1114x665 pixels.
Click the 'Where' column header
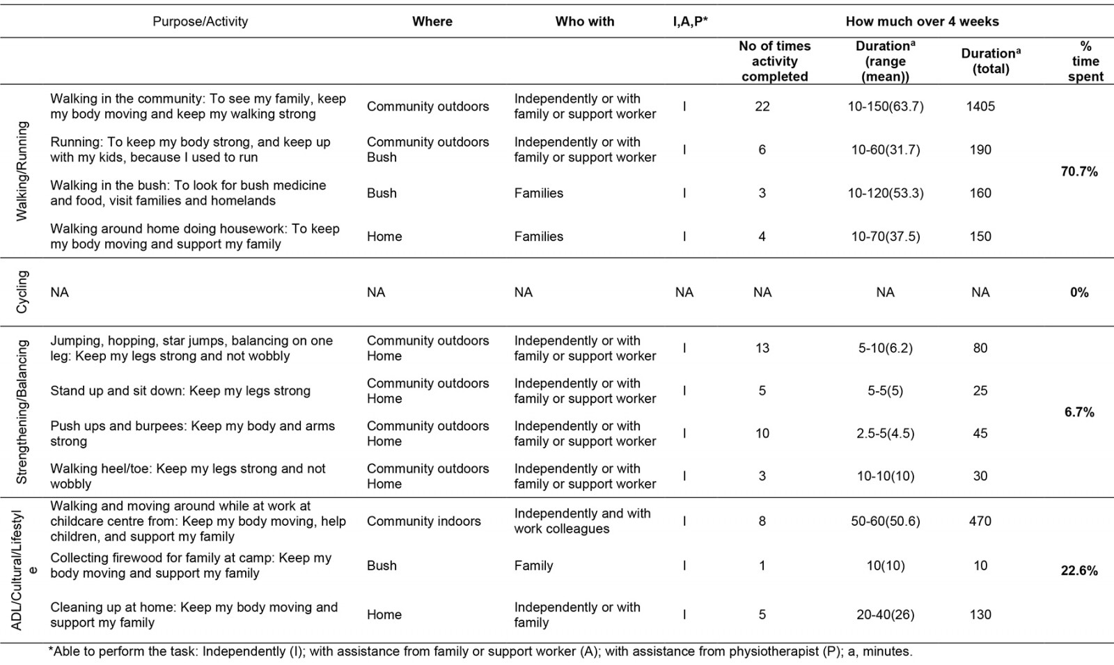point(432,22)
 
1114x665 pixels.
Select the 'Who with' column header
point(584,22)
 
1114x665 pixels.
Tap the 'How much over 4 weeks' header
point(922,22)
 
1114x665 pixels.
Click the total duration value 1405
point(980,107)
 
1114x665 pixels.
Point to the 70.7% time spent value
point(1078,171)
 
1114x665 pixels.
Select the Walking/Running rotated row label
point(22,171)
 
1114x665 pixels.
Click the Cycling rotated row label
point(22,292)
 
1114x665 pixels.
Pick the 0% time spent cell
point(1078,292)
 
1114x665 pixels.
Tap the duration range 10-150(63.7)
point(885,107)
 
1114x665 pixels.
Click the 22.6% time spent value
point(1078,571)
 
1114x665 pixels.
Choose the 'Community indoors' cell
point(423,521)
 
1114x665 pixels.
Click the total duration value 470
point(980,521)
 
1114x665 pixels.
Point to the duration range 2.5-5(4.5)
point(885,433)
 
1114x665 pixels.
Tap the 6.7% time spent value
point(1078,412)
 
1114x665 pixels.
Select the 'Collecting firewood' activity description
point(190,565)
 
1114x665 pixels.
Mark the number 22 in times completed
point(762,107)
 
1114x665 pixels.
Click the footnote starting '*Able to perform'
point(480,652)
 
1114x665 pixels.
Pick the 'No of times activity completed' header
point(774,61)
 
